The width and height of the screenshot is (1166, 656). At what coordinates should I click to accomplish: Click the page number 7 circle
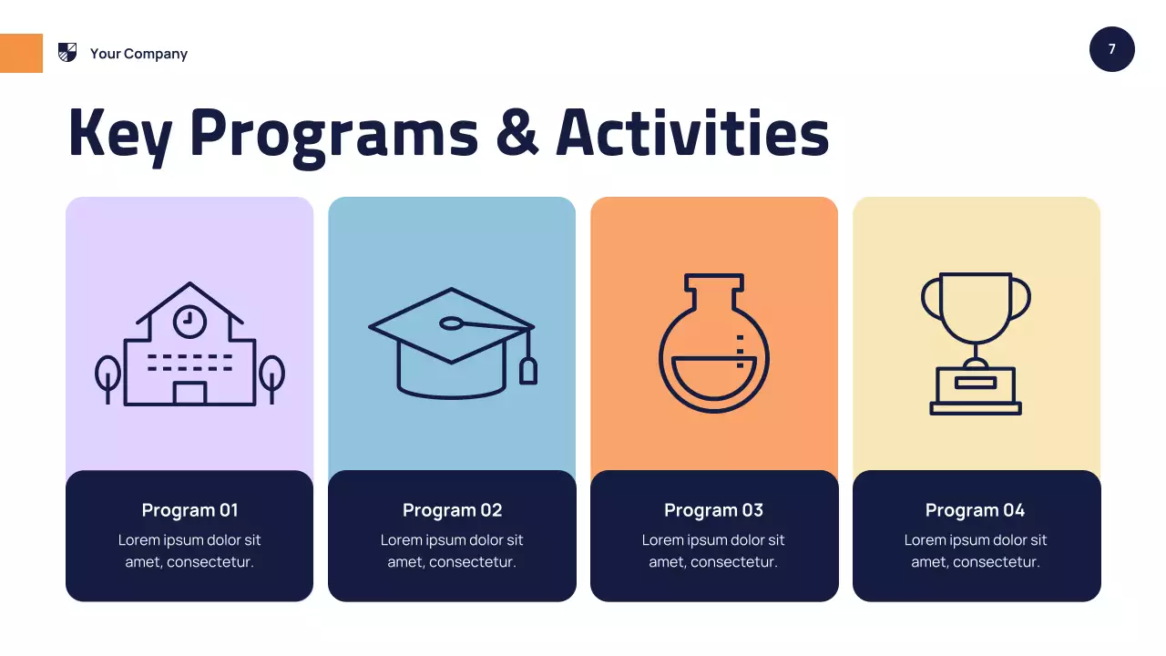click(1111, 49)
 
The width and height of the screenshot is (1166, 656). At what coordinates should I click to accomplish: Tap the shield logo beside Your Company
click(67, 52)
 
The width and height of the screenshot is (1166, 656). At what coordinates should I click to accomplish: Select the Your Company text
click(138, 54)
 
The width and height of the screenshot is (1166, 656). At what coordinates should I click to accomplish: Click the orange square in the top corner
click(21, 53)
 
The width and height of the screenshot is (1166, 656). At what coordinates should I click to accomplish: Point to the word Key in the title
click(119, 134)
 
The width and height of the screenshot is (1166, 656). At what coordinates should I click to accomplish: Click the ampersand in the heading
click(517, 133)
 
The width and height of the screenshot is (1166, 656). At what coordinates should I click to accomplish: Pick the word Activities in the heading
click(692, 133)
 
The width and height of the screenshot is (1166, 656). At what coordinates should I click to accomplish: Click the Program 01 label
click(189, 510)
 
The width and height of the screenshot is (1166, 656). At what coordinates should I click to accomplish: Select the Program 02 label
click(452, 510)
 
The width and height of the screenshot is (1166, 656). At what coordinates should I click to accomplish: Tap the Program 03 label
click(713, 510)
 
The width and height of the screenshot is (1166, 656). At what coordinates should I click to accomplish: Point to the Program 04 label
click(975, 510)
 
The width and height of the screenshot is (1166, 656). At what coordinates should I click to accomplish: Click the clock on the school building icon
click(189, 320)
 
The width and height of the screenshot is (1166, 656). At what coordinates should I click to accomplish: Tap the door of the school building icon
click(189, 393)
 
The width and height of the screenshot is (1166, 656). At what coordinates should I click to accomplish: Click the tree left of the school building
click(107, 375)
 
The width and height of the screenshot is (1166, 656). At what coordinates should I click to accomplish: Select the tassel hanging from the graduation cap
click(527, 369)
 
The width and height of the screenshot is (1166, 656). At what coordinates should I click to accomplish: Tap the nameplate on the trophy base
click(975, 382)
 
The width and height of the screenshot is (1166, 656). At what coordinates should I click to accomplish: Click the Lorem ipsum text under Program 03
click(713, 550)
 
